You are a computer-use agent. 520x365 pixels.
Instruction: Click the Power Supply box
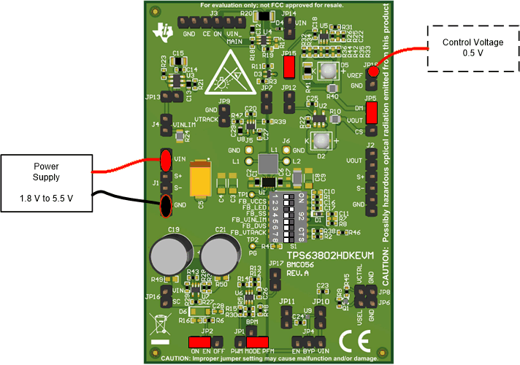pyautogui.click(x=45, y=182)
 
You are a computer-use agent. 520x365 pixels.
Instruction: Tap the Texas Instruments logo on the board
pyautogui.click(x=163, y=31)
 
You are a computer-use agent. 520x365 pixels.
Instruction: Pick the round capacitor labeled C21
pyautogui.click(x=218, y=258)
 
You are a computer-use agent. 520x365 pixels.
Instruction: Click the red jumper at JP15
pyautogui.click(x=289, y=68)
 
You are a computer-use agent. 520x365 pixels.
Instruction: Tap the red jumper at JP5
pyautogui.click(x=372, y=114)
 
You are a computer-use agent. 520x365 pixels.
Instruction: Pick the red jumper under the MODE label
pyautogui.click(x=257, y=341)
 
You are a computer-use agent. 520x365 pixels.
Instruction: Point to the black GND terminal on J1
pyautogui.click(x=166, y=207)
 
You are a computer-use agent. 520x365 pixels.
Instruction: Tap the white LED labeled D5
pyautogui.click(x=322, y=71)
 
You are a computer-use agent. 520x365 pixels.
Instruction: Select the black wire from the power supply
pyautogui.click(x=124, y=197)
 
